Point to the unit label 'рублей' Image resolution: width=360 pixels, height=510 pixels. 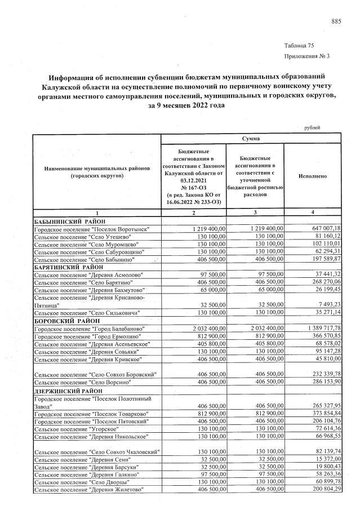point(312,127)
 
